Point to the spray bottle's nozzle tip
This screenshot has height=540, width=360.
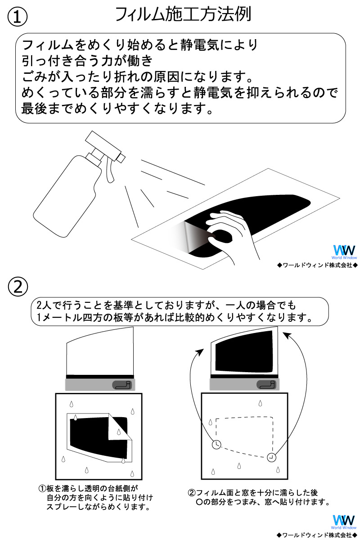point(121,157)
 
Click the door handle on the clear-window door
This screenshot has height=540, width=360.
point(122,385)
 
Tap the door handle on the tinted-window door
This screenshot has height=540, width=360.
point(266,385)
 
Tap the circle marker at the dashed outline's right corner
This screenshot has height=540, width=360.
point(271,457)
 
